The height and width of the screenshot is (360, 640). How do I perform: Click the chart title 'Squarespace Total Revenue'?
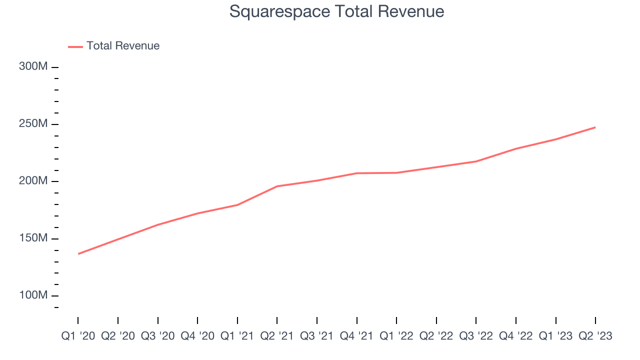coord(336,11)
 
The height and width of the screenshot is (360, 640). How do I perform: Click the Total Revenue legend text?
coord(122,46)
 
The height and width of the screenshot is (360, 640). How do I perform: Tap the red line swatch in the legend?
coord(75,46)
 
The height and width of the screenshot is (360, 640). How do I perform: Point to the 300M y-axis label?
coord(33,66)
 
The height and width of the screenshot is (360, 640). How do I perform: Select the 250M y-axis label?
coord(33,123)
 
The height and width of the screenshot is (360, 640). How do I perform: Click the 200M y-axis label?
coord(33,180)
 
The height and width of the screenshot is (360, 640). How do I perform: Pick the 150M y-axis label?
coord(33,238)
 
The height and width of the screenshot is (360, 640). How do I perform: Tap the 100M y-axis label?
coord(33,295)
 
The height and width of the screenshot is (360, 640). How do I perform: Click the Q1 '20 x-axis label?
coord(78,336)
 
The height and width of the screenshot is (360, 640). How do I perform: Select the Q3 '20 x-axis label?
coord(157,336)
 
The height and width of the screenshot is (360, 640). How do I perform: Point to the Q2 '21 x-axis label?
coord(277,336)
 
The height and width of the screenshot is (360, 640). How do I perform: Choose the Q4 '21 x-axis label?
coord(356,336)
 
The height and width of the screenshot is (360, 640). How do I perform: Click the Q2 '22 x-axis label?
coord(436,336)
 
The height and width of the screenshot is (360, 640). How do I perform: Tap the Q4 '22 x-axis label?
coord(515,336)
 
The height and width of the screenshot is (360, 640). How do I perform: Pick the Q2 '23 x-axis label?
coord(595,336)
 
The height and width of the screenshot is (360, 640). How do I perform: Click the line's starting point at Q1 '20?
coord(78,253)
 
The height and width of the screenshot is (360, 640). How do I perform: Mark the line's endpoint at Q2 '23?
coord(595,127)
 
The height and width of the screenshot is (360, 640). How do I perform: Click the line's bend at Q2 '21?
coord(277,186)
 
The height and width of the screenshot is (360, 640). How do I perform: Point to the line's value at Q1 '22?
coord(396,172)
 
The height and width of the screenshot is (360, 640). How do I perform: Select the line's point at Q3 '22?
coord(476,161)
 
